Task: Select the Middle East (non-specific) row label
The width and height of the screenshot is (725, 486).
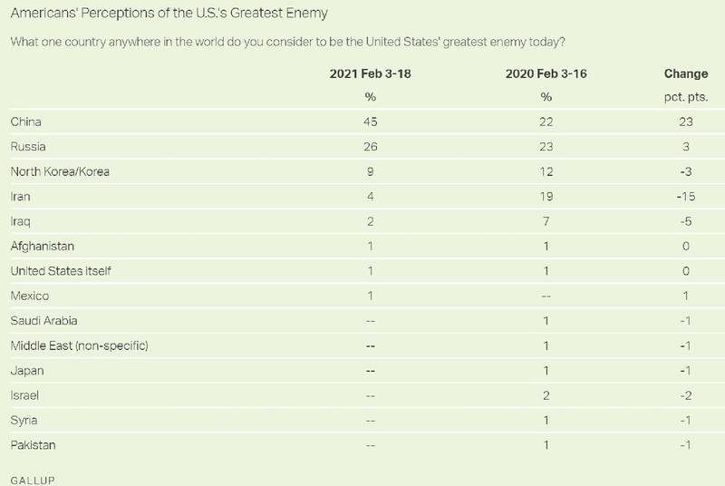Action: point(78,345)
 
